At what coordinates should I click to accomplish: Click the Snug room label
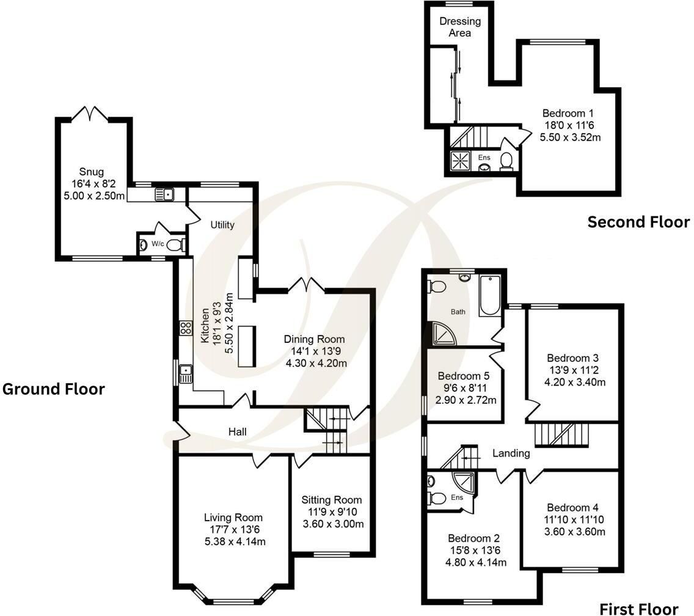92,172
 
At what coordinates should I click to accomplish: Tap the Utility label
222,225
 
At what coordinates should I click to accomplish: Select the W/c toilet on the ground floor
176,245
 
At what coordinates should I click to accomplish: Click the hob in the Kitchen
186,328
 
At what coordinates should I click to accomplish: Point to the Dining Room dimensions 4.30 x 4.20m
316,364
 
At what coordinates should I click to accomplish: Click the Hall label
237,432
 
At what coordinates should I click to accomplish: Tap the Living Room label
233,518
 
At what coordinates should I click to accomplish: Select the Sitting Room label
332,500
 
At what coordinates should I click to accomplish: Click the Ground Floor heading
54,389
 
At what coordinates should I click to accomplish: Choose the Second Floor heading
638,222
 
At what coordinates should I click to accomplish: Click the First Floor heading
638,609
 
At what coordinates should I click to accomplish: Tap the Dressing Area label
460,27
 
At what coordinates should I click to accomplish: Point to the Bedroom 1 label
568,114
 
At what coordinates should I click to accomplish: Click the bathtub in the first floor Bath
490,295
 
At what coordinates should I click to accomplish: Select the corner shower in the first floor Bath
444,334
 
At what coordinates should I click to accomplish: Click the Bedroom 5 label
464,376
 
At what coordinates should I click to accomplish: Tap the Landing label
511,453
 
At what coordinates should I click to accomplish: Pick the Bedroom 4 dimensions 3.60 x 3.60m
574,532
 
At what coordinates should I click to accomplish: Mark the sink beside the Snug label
164,194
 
